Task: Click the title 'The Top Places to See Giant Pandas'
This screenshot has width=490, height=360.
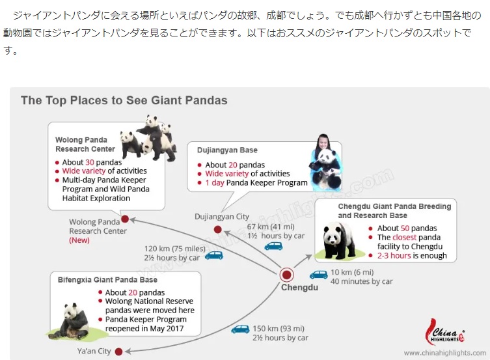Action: click(x=124, y=100)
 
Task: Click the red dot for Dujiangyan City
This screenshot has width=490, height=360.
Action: click(x=218, y=228)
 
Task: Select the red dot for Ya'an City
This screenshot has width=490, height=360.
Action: click(x=118, y=352)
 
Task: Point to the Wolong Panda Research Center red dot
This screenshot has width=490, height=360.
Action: click(x=125, y=219)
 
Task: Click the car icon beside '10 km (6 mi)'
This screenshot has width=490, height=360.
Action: click(x=318, y=275)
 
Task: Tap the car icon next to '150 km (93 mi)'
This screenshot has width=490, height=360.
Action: click(x=241, y=329)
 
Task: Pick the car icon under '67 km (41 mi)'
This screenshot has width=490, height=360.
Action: click(x=273, y=245)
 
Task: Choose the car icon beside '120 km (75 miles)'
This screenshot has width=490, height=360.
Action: click(x=214, y=255)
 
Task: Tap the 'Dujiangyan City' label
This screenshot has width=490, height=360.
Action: click(x=222, y=216)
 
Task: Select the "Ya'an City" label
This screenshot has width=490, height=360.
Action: click(x=94, y=352)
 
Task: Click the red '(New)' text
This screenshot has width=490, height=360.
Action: click(x=79, y=240)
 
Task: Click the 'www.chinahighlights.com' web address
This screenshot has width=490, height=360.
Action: click(x=444, y=353)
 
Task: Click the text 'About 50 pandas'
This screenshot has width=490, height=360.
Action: click(x=407, y=228)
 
